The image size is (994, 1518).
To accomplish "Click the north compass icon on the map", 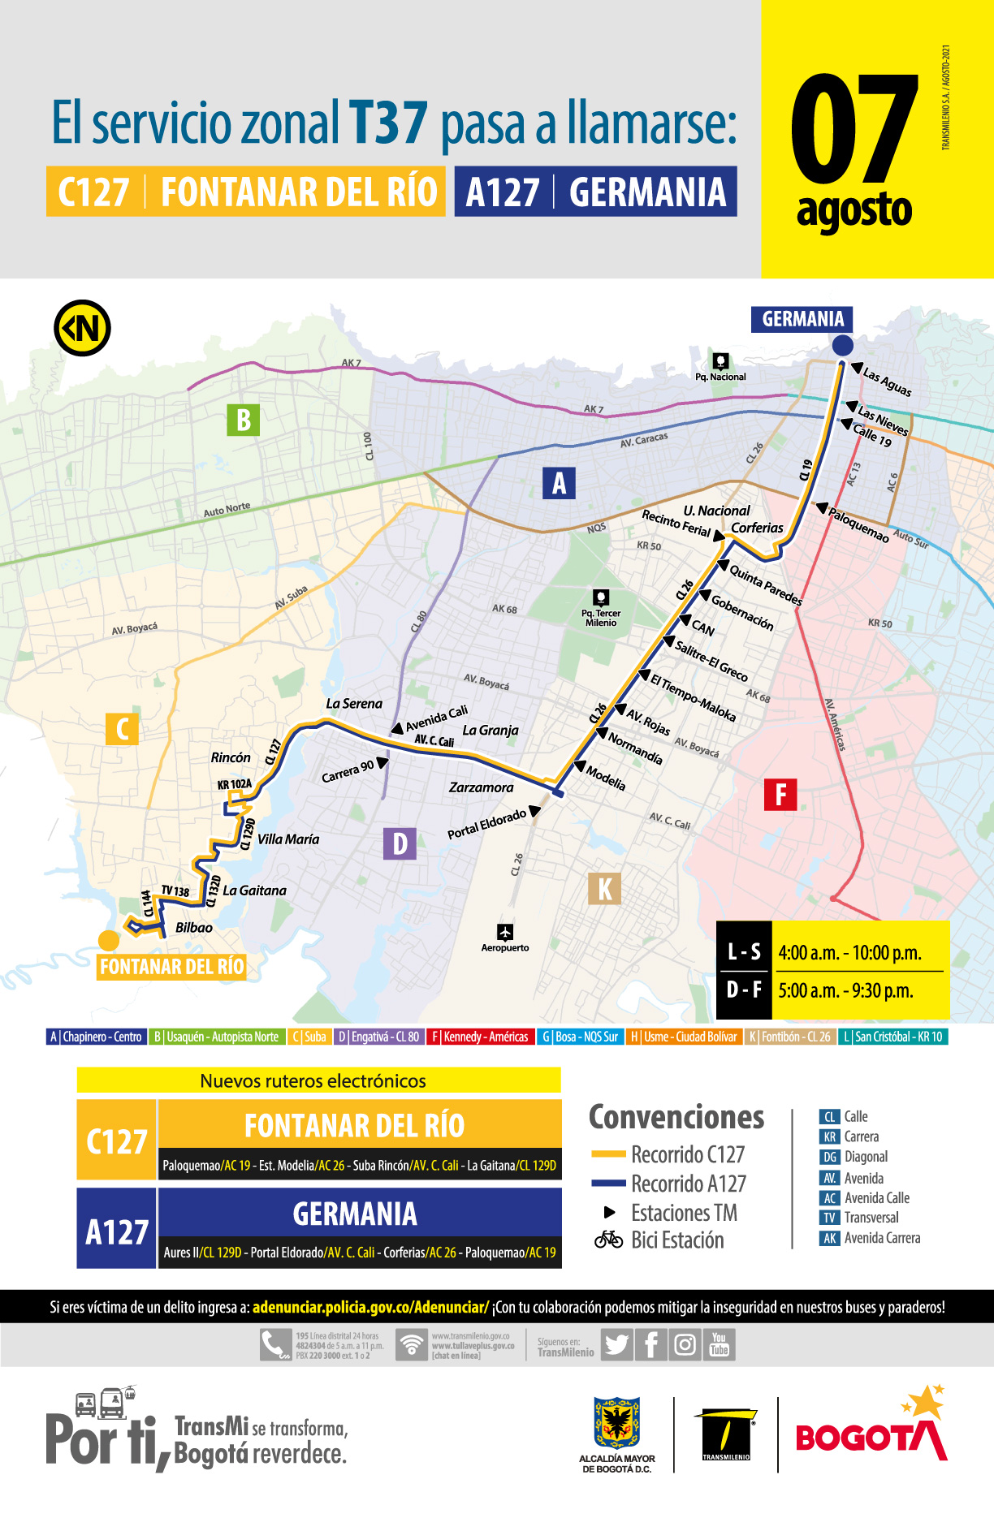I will [82, 328].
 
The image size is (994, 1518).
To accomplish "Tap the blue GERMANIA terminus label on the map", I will [802, 319].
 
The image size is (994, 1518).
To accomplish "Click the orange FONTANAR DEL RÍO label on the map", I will [171, 967].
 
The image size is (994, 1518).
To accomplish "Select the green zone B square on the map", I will [243, 420].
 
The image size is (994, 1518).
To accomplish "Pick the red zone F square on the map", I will [780, 794].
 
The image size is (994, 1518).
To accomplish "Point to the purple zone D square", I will [400, 844].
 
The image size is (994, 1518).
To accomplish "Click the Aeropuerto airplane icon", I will [505, 931].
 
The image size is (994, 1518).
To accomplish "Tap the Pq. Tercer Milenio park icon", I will [601, 598].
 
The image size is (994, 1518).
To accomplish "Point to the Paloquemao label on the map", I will [858, 524].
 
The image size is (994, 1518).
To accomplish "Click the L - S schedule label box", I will [744, 951].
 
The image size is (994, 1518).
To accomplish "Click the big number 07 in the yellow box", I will [853, 130].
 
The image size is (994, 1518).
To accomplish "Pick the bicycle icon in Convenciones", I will [608, 1240].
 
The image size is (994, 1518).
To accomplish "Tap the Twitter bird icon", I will [616, 1345].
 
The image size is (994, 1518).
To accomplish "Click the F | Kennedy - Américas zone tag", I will [480, 1037].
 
